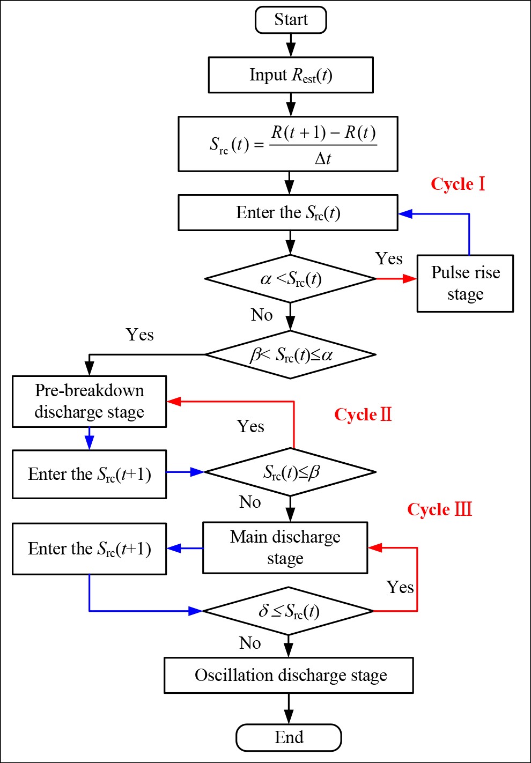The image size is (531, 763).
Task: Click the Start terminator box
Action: pyautogui.click(x=291, y=20)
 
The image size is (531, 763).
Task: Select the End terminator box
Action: pyautogui.click(x=289, y=738)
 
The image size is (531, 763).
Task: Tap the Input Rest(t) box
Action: pyautogui.click(x=291, y=75)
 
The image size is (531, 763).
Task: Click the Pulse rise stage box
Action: pyautogui.click(x=465, y=283)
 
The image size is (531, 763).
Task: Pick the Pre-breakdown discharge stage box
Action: pyautogui.click(x=90, y=401)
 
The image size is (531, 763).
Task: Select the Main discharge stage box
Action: pyautogui.click(x=285, y=547)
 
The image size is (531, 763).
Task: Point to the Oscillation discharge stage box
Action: pyautogui.click(x=289, y=675)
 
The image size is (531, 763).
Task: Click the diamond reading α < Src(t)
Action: pyautogui.click(x=290, y=279)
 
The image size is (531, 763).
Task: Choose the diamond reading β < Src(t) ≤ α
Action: pyautogui.click(x=290, y=354)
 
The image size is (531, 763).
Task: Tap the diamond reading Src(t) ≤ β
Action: pyautogui.click(x=290, y=472)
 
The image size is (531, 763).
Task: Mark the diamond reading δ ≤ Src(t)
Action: pyautogui.click(x=289, y=611)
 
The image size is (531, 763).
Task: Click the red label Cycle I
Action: pyautogui.click(x=458, y=184)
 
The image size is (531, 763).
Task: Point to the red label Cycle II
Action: pyautogui.click(x=363, y=414)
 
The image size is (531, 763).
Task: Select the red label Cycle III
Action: pyautogui.click(x=439, y=509)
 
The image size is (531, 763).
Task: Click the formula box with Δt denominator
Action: pyautogui.click(x=288, y=144)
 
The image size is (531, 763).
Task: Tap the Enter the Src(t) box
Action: pyautogui.click(x=288, y=213)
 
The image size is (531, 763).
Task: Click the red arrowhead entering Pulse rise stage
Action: pyautogui.click(x=410, y=279)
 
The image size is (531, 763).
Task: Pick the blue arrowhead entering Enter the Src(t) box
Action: pyautogui.click(x=405, y=214)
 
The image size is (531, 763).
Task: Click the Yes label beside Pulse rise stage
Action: pyautogui.click(x=389, y=259)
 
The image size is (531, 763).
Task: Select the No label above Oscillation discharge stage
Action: pyautogui.click(x=250, y=643)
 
